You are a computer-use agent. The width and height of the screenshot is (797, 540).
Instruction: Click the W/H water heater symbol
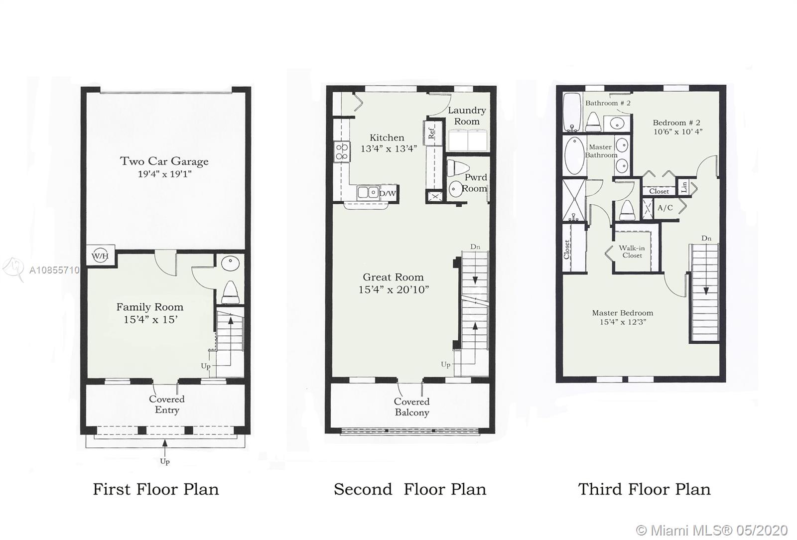click(x=100, y=256)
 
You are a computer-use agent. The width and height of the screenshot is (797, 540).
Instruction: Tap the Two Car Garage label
click(x=164, y=161)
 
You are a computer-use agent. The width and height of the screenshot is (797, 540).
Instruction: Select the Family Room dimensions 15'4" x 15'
click(x=150, y=319)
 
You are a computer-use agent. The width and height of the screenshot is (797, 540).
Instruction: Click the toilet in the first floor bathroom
click(x=231, y=292)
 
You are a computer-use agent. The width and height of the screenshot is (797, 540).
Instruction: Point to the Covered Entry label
click(x=166, y=404)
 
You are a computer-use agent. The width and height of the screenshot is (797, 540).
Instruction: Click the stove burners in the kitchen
click(x=342, y=151)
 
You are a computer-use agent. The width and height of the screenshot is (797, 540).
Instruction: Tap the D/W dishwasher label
click(x=388, y=193)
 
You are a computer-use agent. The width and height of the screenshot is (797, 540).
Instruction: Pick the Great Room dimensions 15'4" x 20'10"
click(x=394, y=289)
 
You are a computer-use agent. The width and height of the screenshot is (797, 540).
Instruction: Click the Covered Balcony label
click(x=411, y=407)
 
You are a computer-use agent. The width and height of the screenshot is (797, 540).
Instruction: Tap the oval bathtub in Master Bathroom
click(x=574, y=156)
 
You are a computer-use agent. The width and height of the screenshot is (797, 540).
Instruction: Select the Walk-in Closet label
click(x=632, y=252)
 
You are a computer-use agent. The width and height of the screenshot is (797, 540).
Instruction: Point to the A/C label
click(x=665, y=208)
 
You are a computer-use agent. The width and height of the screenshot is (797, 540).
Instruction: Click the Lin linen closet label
click(x=684, y=187)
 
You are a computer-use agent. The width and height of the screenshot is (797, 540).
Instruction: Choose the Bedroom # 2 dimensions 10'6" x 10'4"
click(x=678, y=132)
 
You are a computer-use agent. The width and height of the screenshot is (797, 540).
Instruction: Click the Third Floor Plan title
click(x=644, y=489)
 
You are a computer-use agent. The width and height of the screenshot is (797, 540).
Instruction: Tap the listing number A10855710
click(x=54, y=270)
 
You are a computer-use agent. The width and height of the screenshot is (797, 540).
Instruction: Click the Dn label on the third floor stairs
click(x=706, y=238)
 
